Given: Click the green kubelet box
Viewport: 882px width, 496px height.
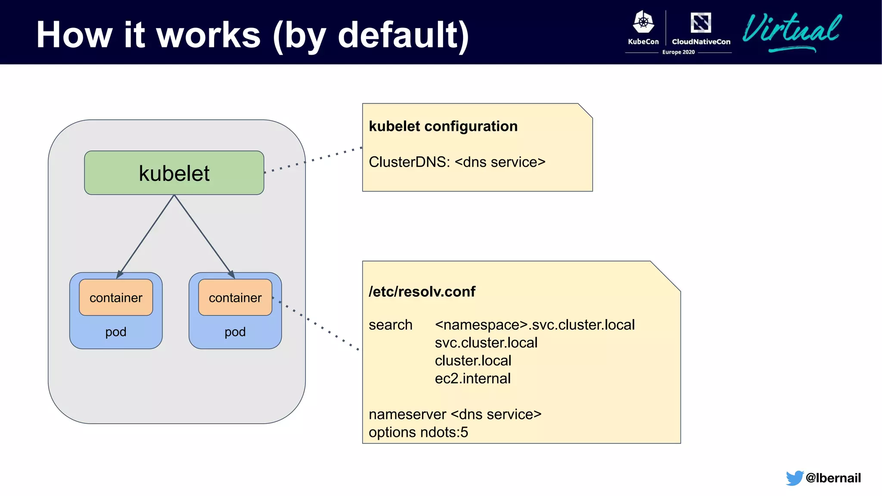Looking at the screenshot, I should (174, 173).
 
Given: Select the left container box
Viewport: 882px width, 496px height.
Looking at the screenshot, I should (116, 298).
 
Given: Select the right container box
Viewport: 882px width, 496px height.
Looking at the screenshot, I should (235, 298).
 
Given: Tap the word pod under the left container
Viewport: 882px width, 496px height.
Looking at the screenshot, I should (116, 332).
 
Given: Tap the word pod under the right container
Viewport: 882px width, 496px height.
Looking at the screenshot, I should (235, 332).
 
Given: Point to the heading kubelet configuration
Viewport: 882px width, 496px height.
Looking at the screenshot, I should (443, 126).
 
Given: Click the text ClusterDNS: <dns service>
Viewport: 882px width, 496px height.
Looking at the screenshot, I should (457, 162).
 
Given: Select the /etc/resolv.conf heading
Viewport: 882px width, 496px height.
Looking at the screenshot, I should (422, 291).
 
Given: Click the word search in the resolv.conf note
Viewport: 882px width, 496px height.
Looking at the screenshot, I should (391, 325).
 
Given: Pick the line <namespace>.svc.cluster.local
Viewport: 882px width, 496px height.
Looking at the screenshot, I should (534, 325).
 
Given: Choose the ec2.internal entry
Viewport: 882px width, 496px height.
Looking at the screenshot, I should (472, 378).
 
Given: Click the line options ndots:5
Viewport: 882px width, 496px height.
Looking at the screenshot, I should (418, 432).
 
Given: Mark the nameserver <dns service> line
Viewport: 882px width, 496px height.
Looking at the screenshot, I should (455, 414).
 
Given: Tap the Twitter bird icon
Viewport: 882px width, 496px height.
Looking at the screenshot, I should (794, 478).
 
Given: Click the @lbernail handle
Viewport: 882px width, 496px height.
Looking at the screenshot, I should (833, 478).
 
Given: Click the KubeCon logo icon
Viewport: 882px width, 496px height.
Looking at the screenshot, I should (643, 22).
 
